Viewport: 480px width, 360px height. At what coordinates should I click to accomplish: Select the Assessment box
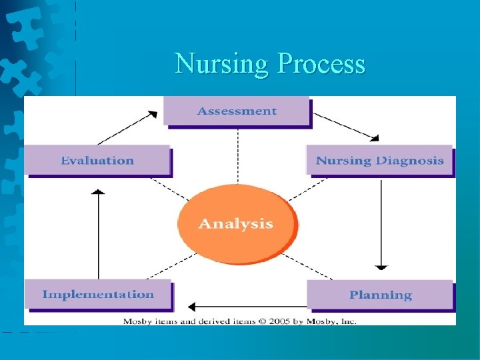236,111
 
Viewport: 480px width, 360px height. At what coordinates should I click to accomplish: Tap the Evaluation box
97,161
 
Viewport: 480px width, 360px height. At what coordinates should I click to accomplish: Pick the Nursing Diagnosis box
379,161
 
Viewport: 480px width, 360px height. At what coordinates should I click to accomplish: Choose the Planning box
380,295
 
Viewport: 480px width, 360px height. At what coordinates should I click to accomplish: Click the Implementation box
98,294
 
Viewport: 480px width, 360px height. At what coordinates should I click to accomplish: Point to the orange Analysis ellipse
235,223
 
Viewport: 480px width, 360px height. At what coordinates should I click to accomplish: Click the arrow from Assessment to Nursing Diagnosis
345,127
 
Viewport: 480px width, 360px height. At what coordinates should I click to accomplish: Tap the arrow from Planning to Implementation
247,307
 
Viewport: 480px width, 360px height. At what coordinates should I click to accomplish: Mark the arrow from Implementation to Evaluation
99,233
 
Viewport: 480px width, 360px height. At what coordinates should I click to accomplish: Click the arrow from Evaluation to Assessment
127,127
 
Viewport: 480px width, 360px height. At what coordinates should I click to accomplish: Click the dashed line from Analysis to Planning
311,267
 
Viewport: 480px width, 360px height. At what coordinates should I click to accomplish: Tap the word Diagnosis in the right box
409,161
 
